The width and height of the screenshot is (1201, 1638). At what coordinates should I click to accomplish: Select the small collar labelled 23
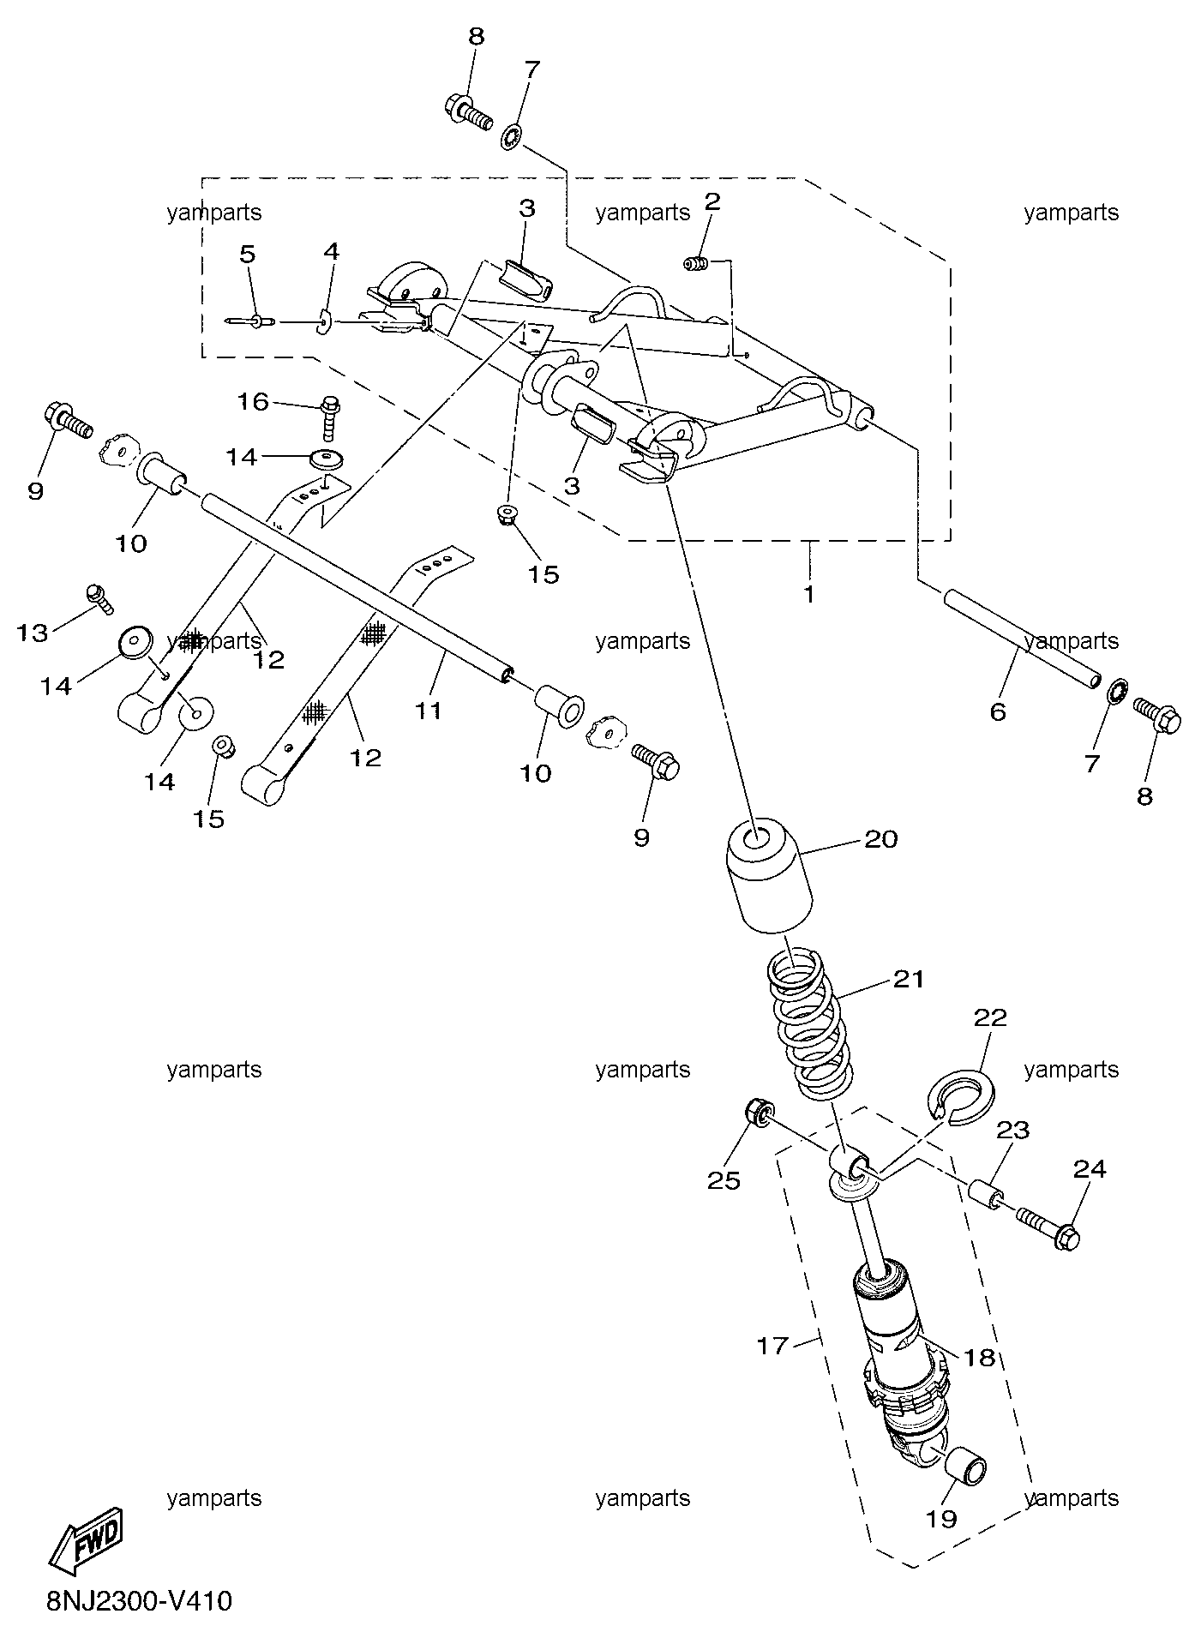986,1192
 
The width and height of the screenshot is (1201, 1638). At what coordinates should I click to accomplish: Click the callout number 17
772,1345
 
